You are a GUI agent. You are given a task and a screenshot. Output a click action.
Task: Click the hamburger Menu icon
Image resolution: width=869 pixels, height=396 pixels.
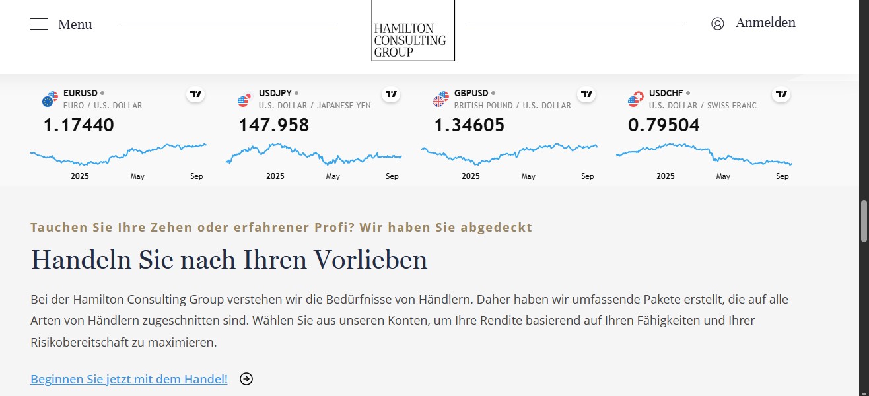click(x=39, y=24)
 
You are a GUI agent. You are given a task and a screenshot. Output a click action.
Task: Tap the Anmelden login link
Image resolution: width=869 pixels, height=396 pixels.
click(x=765, y=23)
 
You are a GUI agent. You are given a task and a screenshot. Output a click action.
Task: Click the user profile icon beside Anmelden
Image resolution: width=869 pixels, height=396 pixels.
click(x=718, y=24)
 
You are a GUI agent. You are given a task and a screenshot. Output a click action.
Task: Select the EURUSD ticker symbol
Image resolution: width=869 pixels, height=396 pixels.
click(x=81, y=93)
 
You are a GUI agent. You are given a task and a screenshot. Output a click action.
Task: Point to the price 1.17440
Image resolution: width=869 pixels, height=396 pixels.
click(x=79, y=125)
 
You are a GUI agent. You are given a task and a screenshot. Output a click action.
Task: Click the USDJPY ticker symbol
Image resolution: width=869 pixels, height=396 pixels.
click(x=275, y=93)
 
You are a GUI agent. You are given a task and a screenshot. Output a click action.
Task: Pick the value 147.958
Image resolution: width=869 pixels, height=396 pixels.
click(x=273, y=125)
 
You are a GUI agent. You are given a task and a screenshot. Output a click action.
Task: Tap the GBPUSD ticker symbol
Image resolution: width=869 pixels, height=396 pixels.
click(x=471, y=93)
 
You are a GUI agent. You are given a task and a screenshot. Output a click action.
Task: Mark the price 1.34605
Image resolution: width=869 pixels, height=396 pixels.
click(x=469, y=125)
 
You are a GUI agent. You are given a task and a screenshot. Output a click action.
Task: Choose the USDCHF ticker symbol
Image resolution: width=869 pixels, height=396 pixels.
click(x=666, y=93)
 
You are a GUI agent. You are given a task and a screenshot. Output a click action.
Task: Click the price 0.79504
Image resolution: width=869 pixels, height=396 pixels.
click(x=664, y=125)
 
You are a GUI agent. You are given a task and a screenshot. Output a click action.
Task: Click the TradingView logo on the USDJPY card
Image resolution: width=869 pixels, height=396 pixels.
click(x=391, y=94)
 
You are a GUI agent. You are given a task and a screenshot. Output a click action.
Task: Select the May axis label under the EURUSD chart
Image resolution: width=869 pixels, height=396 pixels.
click(x=137, y=176)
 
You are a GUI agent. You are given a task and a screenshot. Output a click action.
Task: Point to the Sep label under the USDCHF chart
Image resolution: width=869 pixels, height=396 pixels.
click(x=782, y=176)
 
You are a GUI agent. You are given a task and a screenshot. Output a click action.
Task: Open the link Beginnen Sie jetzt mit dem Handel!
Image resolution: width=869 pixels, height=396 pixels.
click(x=129, y=379)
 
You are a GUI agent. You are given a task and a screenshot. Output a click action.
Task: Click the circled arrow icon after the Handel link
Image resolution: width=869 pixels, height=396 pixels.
click(x=246, y=379)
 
